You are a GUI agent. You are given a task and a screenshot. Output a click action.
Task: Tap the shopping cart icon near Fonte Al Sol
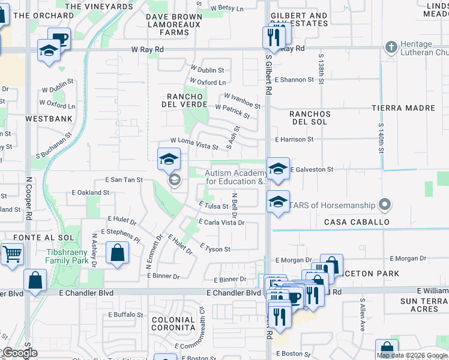[12, 254]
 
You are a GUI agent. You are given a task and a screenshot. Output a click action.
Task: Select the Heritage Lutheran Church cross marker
[391, 47]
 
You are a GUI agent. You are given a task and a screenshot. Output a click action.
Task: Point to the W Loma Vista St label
[194, 143]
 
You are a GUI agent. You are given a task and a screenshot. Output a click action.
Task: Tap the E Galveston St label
[312, 170]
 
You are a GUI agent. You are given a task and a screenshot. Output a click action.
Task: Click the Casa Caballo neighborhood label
[357, 222]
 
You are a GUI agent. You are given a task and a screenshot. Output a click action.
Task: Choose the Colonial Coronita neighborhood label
[173, 324]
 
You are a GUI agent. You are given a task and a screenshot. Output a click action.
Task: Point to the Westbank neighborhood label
[44, 119]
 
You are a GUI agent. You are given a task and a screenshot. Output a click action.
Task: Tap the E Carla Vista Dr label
[223, 223]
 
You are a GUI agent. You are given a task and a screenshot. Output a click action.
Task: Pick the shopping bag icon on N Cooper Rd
[35, 280]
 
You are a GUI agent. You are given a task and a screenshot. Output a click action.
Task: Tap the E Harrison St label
[294, 139]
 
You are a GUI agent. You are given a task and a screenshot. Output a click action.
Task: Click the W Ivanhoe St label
[243, 101]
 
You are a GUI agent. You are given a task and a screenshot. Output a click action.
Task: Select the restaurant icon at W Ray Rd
[273, 38]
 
